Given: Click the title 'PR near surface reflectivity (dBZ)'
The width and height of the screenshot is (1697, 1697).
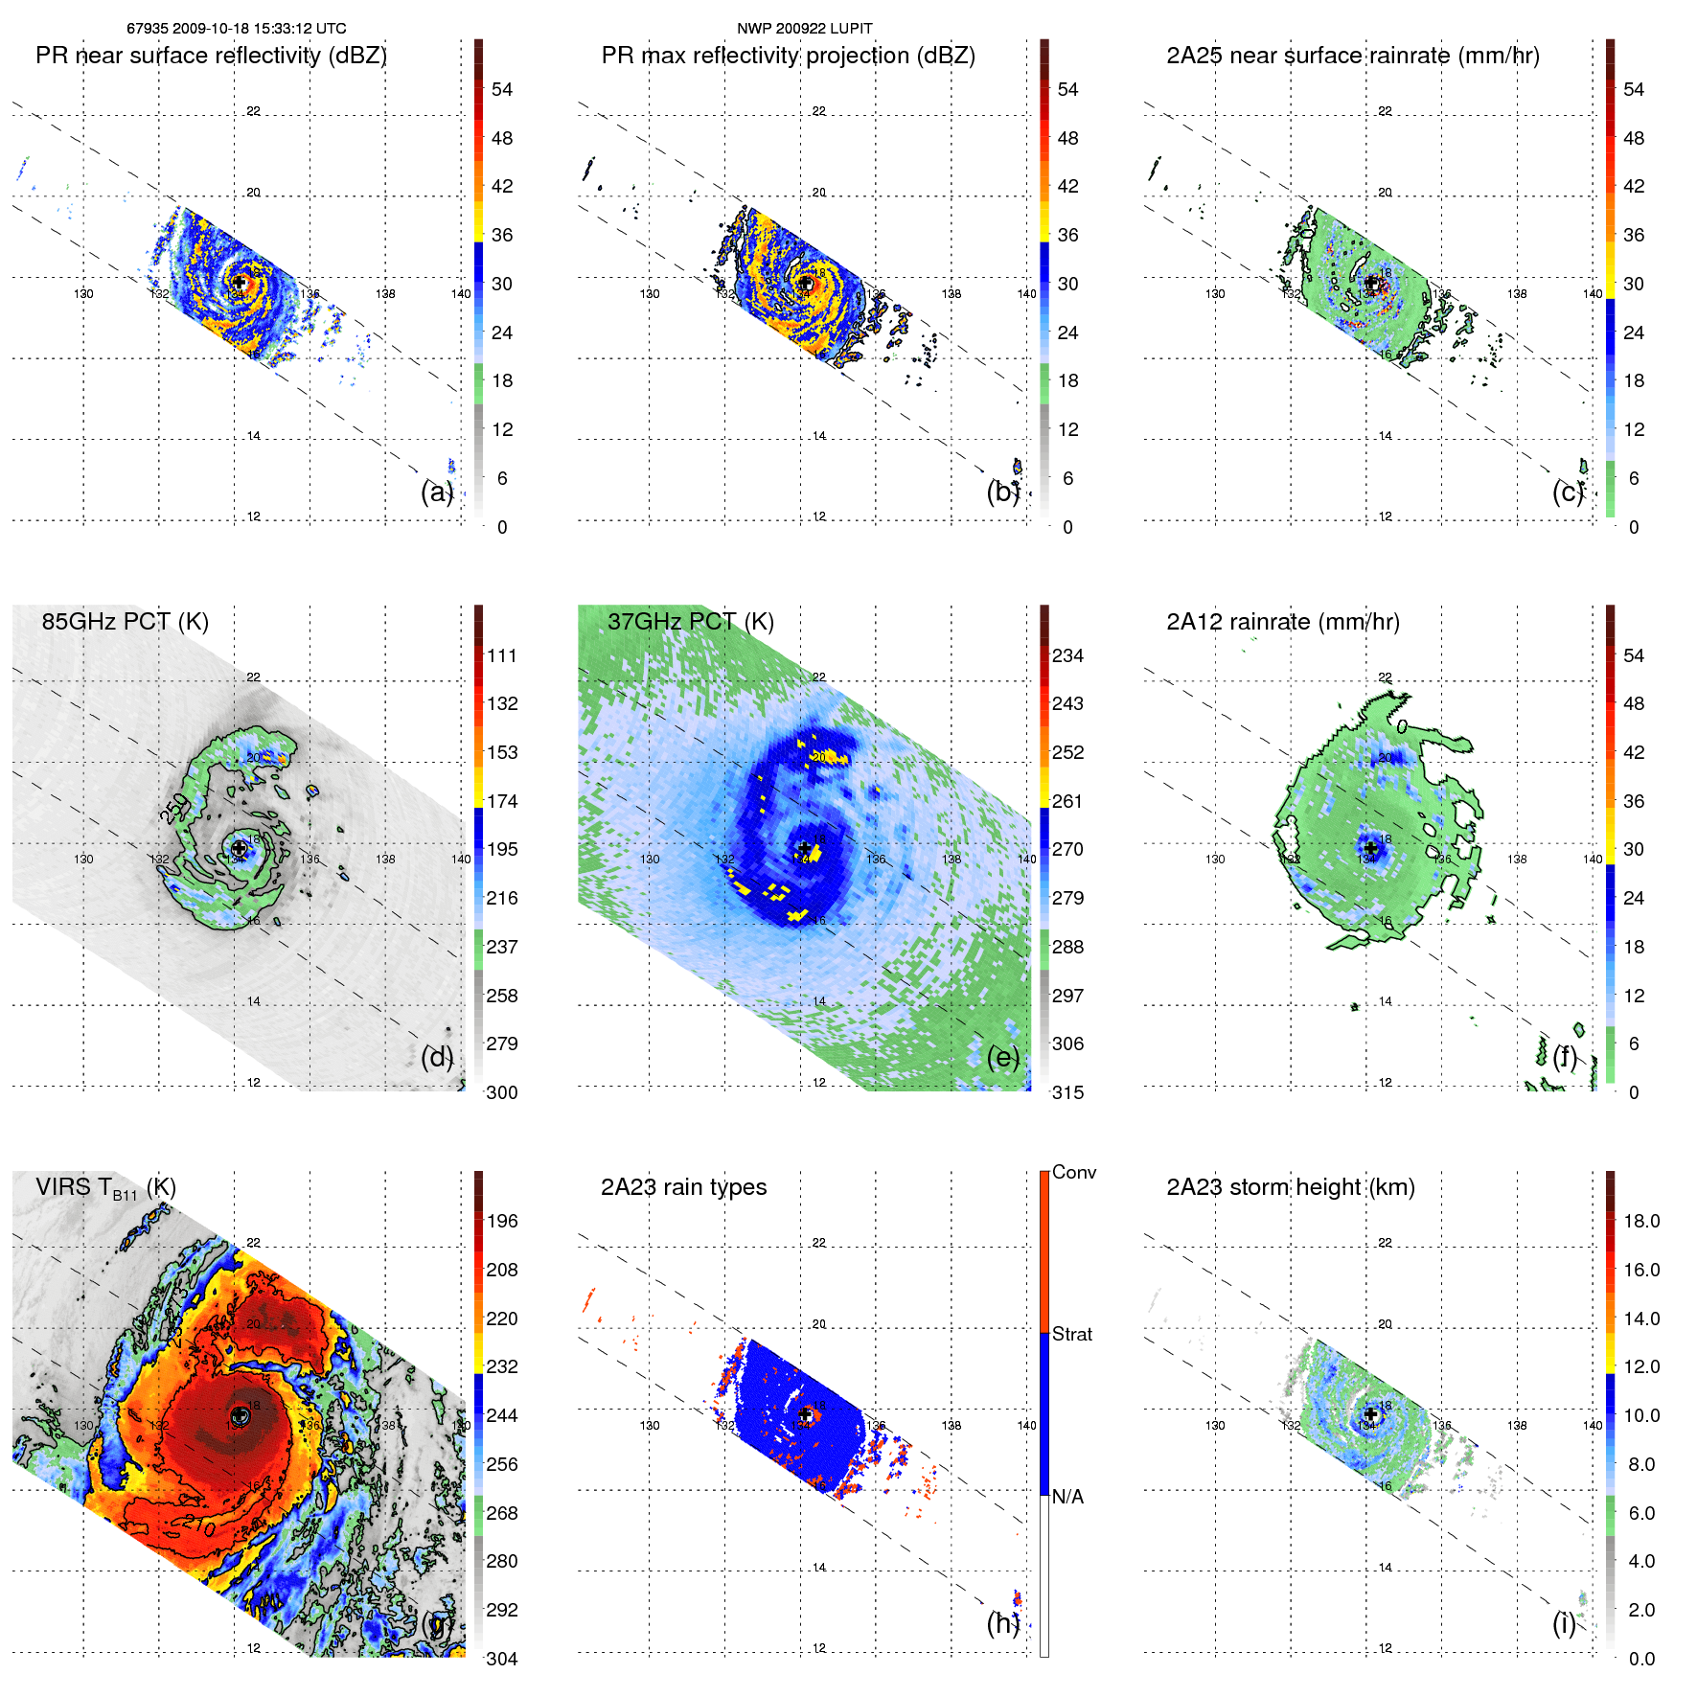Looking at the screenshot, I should point(211,56).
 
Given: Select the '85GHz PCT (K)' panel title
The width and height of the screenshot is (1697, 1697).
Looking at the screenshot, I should point(125,621).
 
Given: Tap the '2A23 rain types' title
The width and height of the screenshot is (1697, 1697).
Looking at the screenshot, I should point(683,1187).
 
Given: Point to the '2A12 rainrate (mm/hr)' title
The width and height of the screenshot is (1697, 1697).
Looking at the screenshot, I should point(1282,621).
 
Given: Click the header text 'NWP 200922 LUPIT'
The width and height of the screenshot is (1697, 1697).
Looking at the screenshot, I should point(804,28).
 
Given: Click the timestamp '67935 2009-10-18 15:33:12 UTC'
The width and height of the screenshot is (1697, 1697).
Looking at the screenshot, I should point(237,28).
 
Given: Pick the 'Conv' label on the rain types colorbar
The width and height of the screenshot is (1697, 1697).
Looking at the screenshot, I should point(1073,1172).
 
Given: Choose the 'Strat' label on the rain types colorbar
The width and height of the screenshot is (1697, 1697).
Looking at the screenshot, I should point(1071,1334).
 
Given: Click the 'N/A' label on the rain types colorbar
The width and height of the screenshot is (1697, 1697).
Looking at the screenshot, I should point(1067,1497).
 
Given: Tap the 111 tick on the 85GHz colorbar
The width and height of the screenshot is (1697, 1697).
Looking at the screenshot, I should point(501,655).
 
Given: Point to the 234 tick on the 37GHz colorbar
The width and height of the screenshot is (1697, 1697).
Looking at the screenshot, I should point(1067,655).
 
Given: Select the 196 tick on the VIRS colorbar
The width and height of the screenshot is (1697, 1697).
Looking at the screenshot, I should point(501,1221).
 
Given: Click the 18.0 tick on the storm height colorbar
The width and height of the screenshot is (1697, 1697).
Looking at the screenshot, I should point(1640,1221).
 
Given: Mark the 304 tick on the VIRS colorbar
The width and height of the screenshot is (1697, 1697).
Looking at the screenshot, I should point(501,1659).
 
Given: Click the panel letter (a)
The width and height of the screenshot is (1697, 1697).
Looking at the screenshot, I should point(436,492).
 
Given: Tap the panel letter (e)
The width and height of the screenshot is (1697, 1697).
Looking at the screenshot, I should point(1002,1057).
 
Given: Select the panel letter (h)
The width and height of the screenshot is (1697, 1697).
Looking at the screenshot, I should point(1002,1622).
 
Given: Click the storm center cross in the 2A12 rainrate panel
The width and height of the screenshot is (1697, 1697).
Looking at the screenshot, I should point(1371,848).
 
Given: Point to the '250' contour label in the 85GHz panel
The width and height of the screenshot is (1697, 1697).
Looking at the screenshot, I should point(173,810).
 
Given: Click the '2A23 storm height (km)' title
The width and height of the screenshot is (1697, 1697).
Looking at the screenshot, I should point(1290,1187).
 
